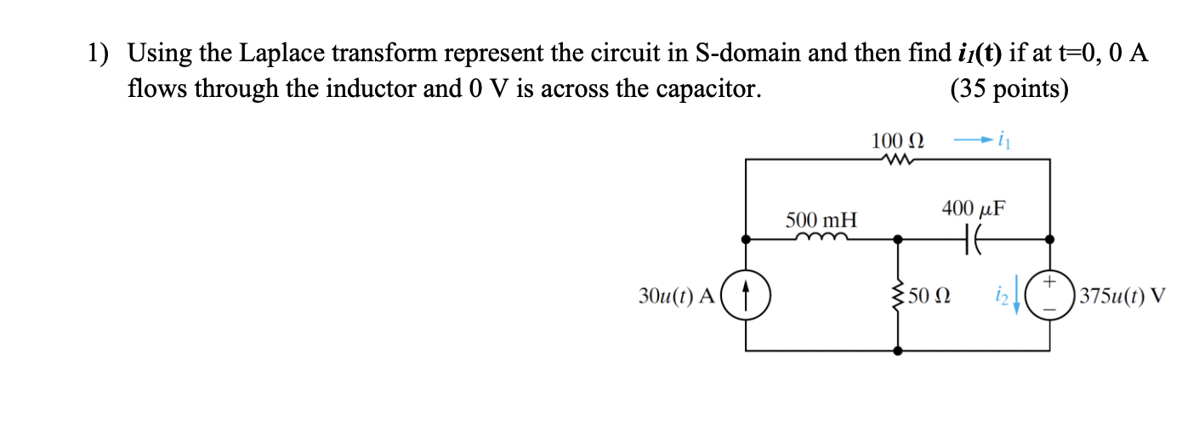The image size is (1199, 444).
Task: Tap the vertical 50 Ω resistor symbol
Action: click(900, 296)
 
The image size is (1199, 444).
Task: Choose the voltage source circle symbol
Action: click(1048, 295)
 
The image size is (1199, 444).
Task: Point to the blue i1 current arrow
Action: click(970, 138)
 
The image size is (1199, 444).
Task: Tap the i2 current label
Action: click(1004, 297)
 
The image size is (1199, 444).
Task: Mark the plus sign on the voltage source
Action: click(1049, 281)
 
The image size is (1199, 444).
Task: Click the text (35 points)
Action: click(1009, 88)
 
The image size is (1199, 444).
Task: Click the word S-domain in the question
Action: click(747, 54)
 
